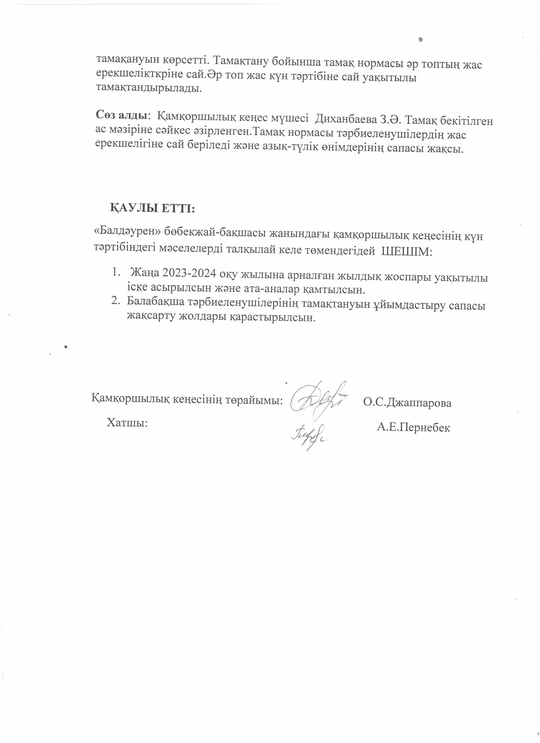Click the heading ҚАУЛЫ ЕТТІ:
(x=152, y=208)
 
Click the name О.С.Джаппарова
(x=407, y=403)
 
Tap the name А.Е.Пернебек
(x=413, y=427)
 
